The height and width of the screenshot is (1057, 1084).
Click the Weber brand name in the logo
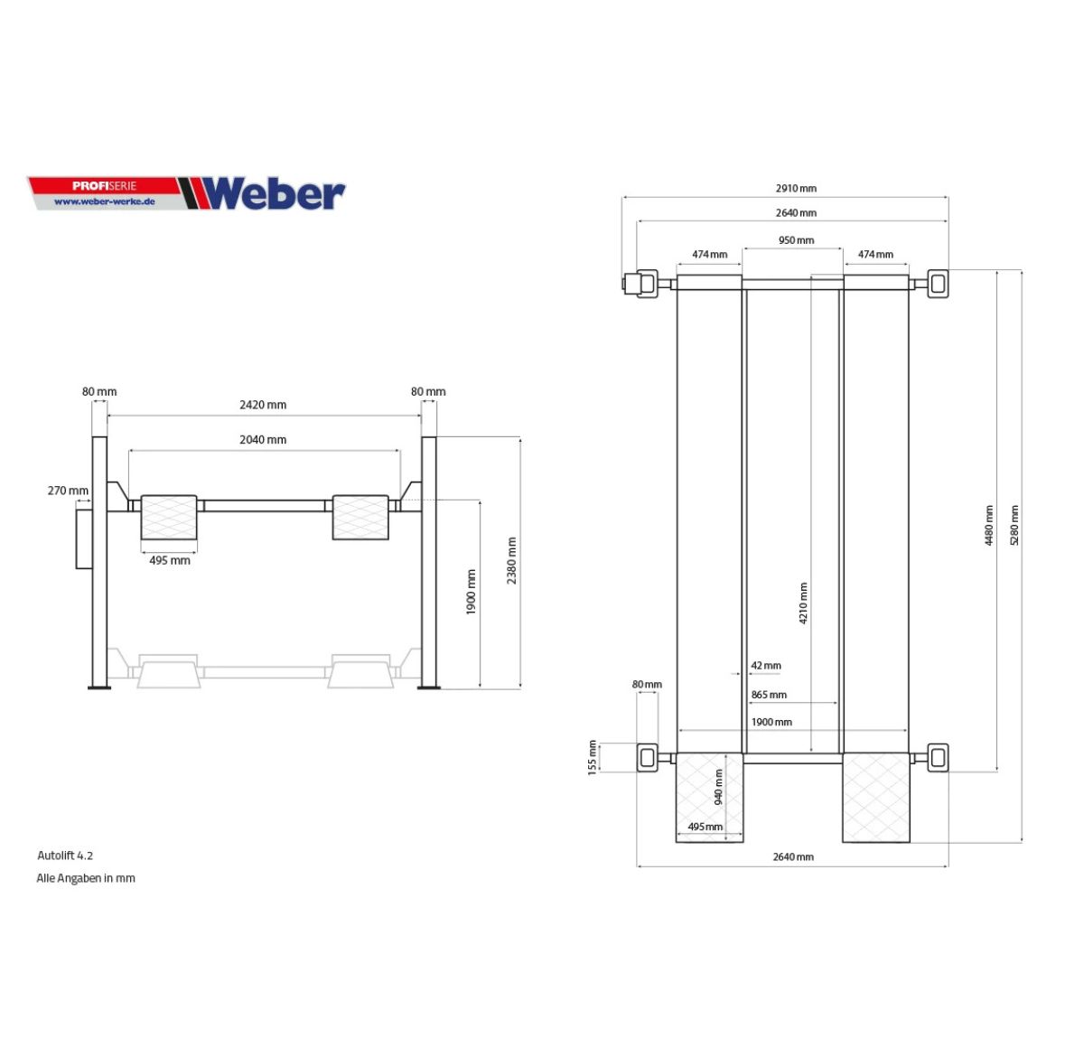click(x=274, y=193)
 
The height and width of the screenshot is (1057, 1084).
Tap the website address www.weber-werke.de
click(x=104, y=201)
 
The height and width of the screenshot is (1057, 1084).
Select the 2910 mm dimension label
click(x=796, y=188)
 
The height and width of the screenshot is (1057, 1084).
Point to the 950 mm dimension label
click(x=796, y=240)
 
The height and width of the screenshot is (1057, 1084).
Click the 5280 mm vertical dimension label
click(x=1014, y=526)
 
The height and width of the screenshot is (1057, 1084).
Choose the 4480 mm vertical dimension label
click(x=989, y=526)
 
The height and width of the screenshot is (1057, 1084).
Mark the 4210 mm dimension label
click(x=803, y=603)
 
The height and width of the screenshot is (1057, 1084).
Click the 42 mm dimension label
click(x=766, y=665)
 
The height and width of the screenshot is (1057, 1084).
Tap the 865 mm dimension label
click(x=769, y=694)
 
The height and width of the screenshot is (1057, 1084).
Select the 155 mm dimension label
click(x=592, y=757)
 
